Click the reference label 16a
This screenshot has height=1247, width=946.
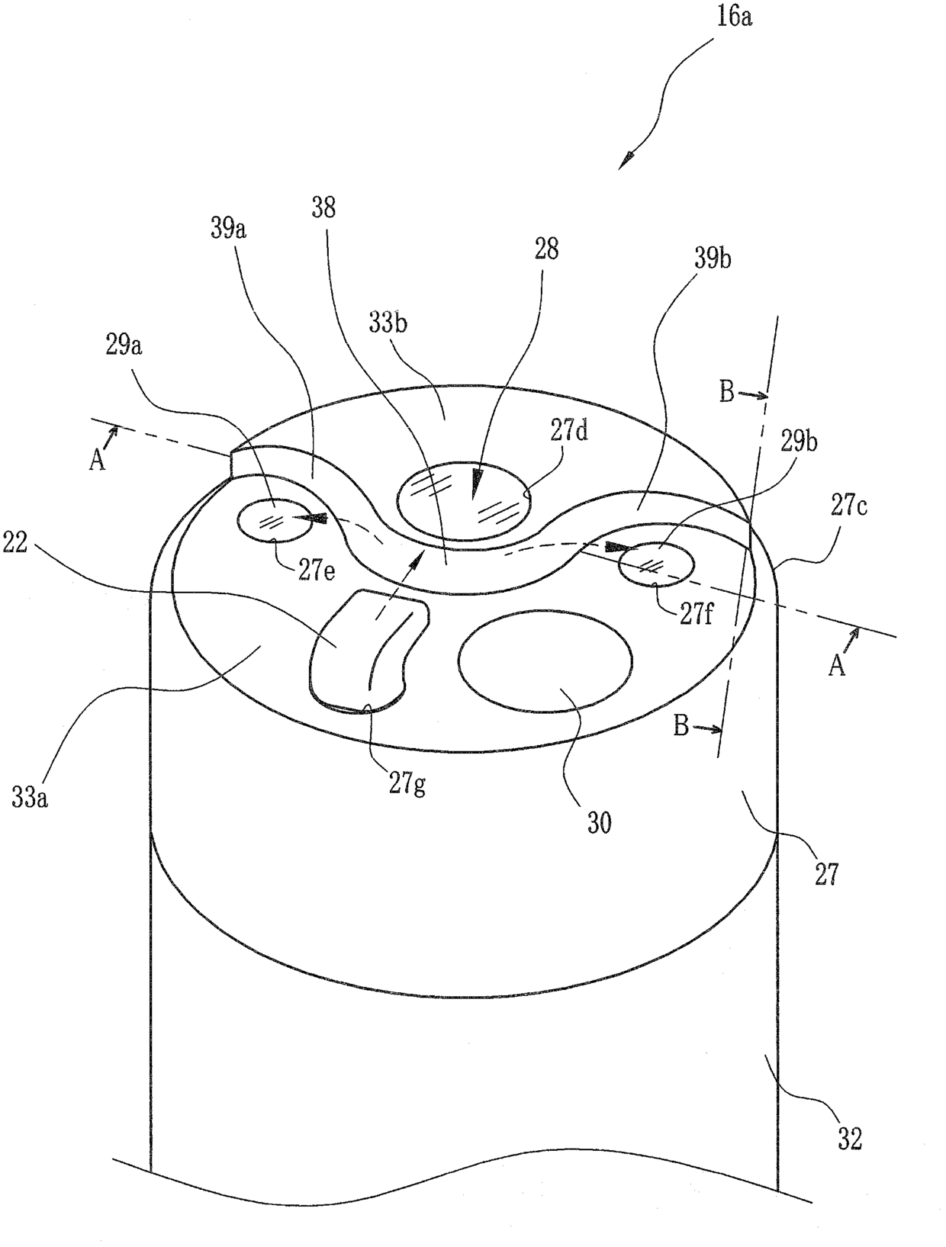click(x=734, y=17)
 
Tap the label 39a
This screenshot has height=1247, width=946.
click(x=227, y=228)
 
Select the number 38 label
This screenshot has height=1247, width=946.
click(x=323, y=207)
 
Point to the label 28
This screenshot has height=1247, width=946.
click(x=547, y=249)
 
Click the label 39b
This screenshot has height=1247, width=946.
click(x=713, y=259)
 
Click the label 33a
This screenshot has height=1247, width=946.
click(x=31, y=798)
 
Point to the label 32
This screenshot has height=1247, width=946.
click(x=849, y=1139)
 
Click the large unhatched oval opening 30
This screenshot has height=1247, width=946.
click(x=545, y=662)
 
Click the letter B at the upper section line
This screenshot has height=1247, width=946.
click(x=727, y=392)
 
